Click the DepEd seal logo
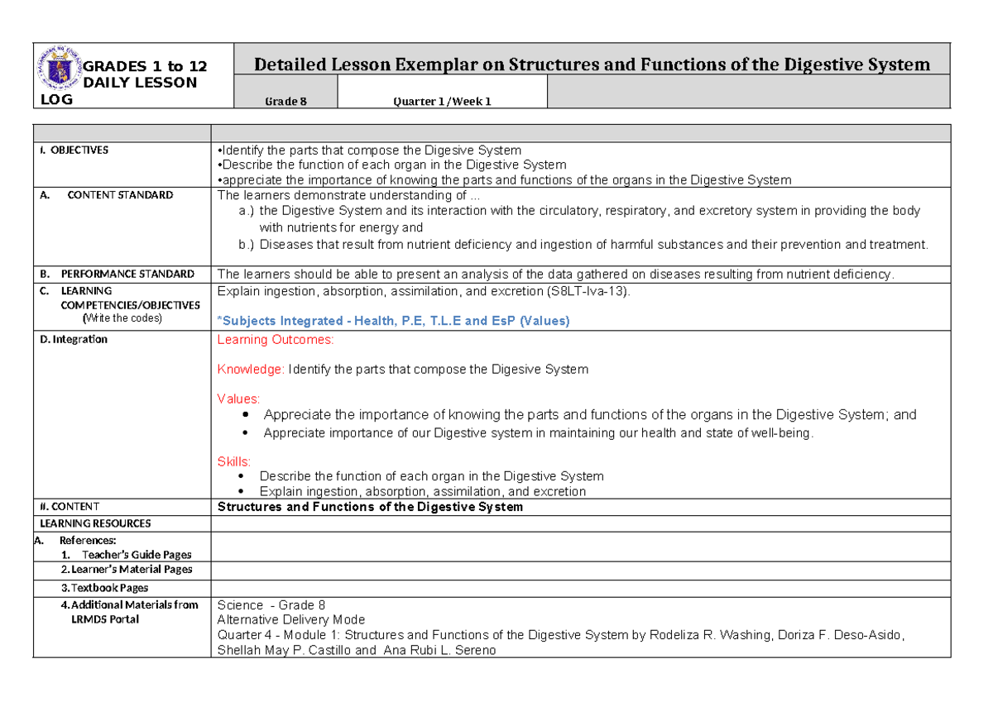pos(60,75)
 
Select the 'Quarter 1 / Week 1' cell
pos(442,102)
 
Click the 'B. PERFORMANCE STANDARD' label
pos(118,274)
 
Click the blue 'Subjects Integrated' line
pos(393,321)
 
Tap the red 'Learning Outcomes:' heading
pos(276,340)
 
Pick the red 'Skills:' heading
pos(233,461)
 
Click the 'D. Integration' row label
pos(74,340)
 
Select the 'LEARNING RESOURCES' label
pos(95,523)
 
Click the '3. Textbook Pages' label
pos(104,588)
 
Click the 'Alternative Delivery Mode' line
pos(290,619)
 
